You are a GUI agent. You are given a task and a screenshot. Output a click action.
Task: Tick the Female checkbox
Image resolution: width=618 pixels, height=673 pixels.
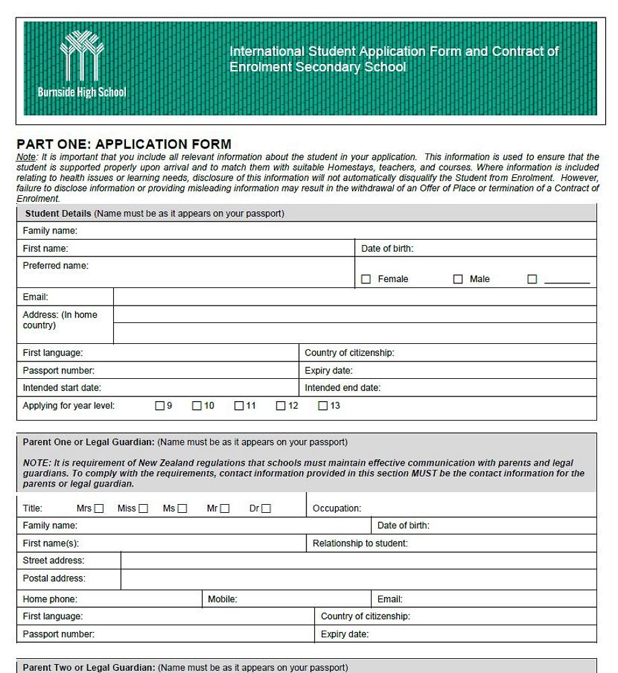coord(366,279)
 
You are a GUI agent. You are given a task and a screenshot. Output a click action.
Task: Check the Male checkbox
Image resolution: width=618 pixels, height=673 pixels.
coord(458,279)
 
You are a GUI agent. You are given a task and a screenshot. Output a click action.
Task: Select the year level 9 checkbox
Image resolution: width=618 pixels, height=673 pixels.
coord(160,406)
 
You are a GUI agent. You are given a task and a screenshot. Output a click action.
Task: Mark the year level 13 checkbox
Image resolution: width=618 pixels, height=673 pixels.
coord(323,406)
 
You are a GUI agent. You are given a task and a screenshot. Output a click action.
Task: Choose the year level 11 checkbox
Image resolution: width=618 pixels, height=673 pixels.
coord(239,406)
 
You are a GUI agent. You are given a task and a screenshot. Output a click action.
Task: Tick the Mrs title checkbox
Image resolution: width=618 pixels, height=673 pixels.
coord(99,509)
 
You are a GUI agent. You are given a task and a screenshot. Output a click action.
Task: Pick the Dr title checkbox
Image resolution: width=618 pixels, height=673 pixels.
coord(266,509)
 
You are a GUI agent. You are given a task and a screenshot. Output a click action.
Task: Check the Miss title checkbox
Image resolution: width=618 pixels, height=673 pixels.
coord(143,509)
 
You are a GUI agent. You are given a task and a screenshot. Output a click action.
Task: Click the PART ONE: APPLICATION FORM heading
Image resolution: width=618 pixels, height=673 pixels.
coord(124,144)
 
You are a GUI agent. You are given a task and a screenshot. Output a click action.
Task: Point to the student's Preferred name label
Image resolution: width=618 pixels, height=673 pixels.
coord(55,266)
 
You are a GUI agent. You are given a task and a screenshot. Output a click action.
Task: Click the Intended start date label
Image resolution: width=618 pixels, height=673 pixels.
coord(62,388)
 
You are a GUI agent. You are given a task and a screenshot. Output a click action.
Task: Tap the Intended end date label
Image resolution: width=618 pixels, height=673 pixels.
coord(342,388)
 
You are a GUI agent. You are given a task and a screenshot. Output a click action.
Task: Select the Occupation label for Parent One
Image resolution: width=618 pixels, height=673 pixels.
coord(337,509)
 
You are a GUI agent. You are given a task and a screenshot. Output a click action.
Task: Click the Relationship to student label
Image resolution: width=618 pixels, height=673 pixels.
coord(360,543)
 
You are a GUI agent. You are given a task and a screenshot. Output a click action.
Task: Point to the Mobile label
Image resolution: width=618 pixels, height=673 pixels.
coord(222,599)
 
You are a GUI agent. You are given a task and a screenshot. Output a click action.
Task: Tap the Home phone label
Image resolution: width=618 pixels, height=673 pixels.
coord(50,599)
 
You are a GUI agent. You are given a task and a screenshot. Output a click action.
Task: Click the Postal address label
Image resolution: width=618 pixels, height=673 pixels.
coord(54,578)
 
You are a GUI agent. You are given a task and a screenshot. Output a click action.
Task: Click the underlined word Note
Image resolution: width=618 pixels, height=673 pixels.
coord(26,157)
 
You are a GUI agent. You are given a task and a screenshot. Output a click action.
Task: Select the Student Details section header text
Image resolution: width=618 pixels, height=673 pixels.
coord(58,214)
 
